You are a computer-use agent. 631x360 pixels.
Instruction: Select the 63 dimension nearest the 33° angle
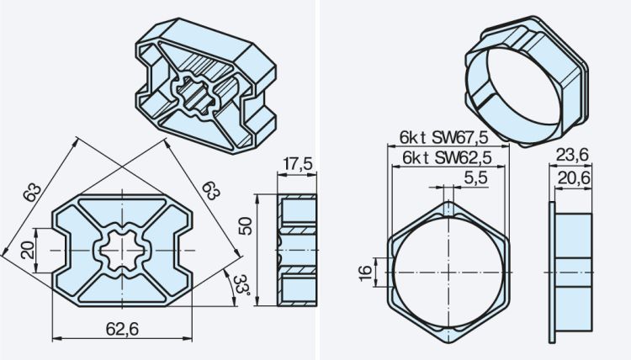pyautogui.click(x=210, y=191)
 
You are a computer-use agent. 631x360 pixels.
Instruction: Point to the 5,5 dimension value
pyautogui.click(x=475, y=177)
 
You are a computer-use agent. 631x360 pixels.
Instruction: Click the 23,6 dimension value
pyautogui.click(x=572, y=153)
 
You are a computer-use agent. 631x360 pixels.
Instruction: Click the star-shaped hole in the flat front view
pyautogui.click(x=124, y=251)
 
